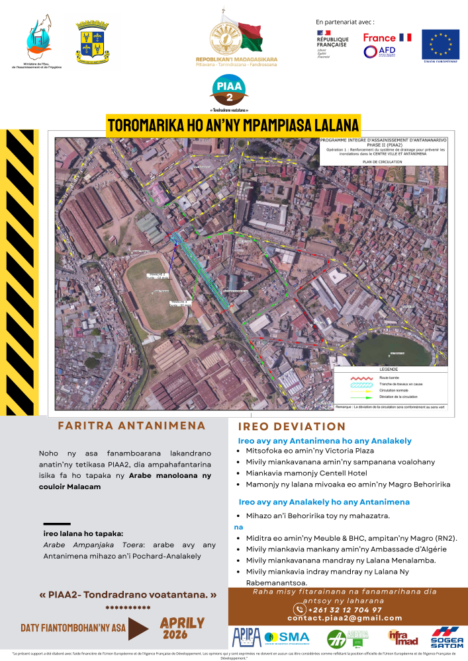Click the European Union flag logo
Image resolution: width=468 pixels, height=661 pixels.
[x=440, y=46]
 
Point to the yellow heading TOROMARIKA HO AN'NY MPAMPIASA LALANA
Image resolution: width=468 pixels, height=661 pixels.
[x=233, y=125]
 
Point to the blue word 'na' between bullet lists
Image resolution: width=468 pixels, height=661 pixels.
[x=239, y=527]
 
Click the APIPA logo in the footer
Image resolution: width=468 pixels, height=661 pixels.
[x=246, y=638]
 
